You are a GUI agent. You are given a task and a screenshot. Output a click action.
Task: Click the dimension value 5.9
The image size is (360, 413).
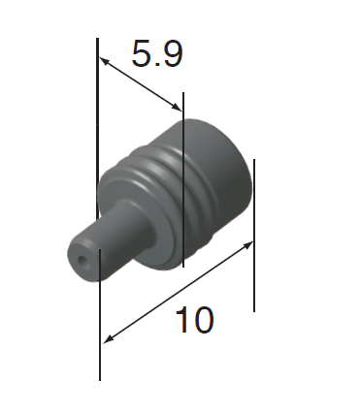pos(157,53)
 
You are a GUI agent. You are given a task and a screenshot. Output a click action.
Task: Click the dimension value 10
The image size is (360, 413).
pos(195,320)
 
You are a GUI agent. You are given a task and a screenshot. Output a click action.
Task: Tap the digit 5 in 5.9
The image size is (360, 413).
pos(142,53)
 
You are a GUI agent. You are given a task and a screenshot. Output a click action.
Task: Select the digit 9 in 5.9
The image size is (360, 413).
pos(172,53)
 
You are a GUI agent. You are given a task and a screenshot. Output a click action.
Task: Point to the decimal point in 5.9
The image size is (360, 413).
pos(156,64)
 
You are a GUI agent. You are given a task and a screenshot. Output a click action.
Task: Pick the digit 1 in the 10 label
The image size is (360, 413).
pos(181,320)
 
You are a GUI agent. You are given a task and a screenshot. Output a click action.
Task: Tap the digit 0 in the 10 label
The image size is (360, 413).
pos(203,320)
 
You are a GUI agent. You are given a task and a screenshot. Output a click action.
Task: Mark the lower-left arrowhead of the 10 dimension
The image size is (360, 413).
pos(109,339)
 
